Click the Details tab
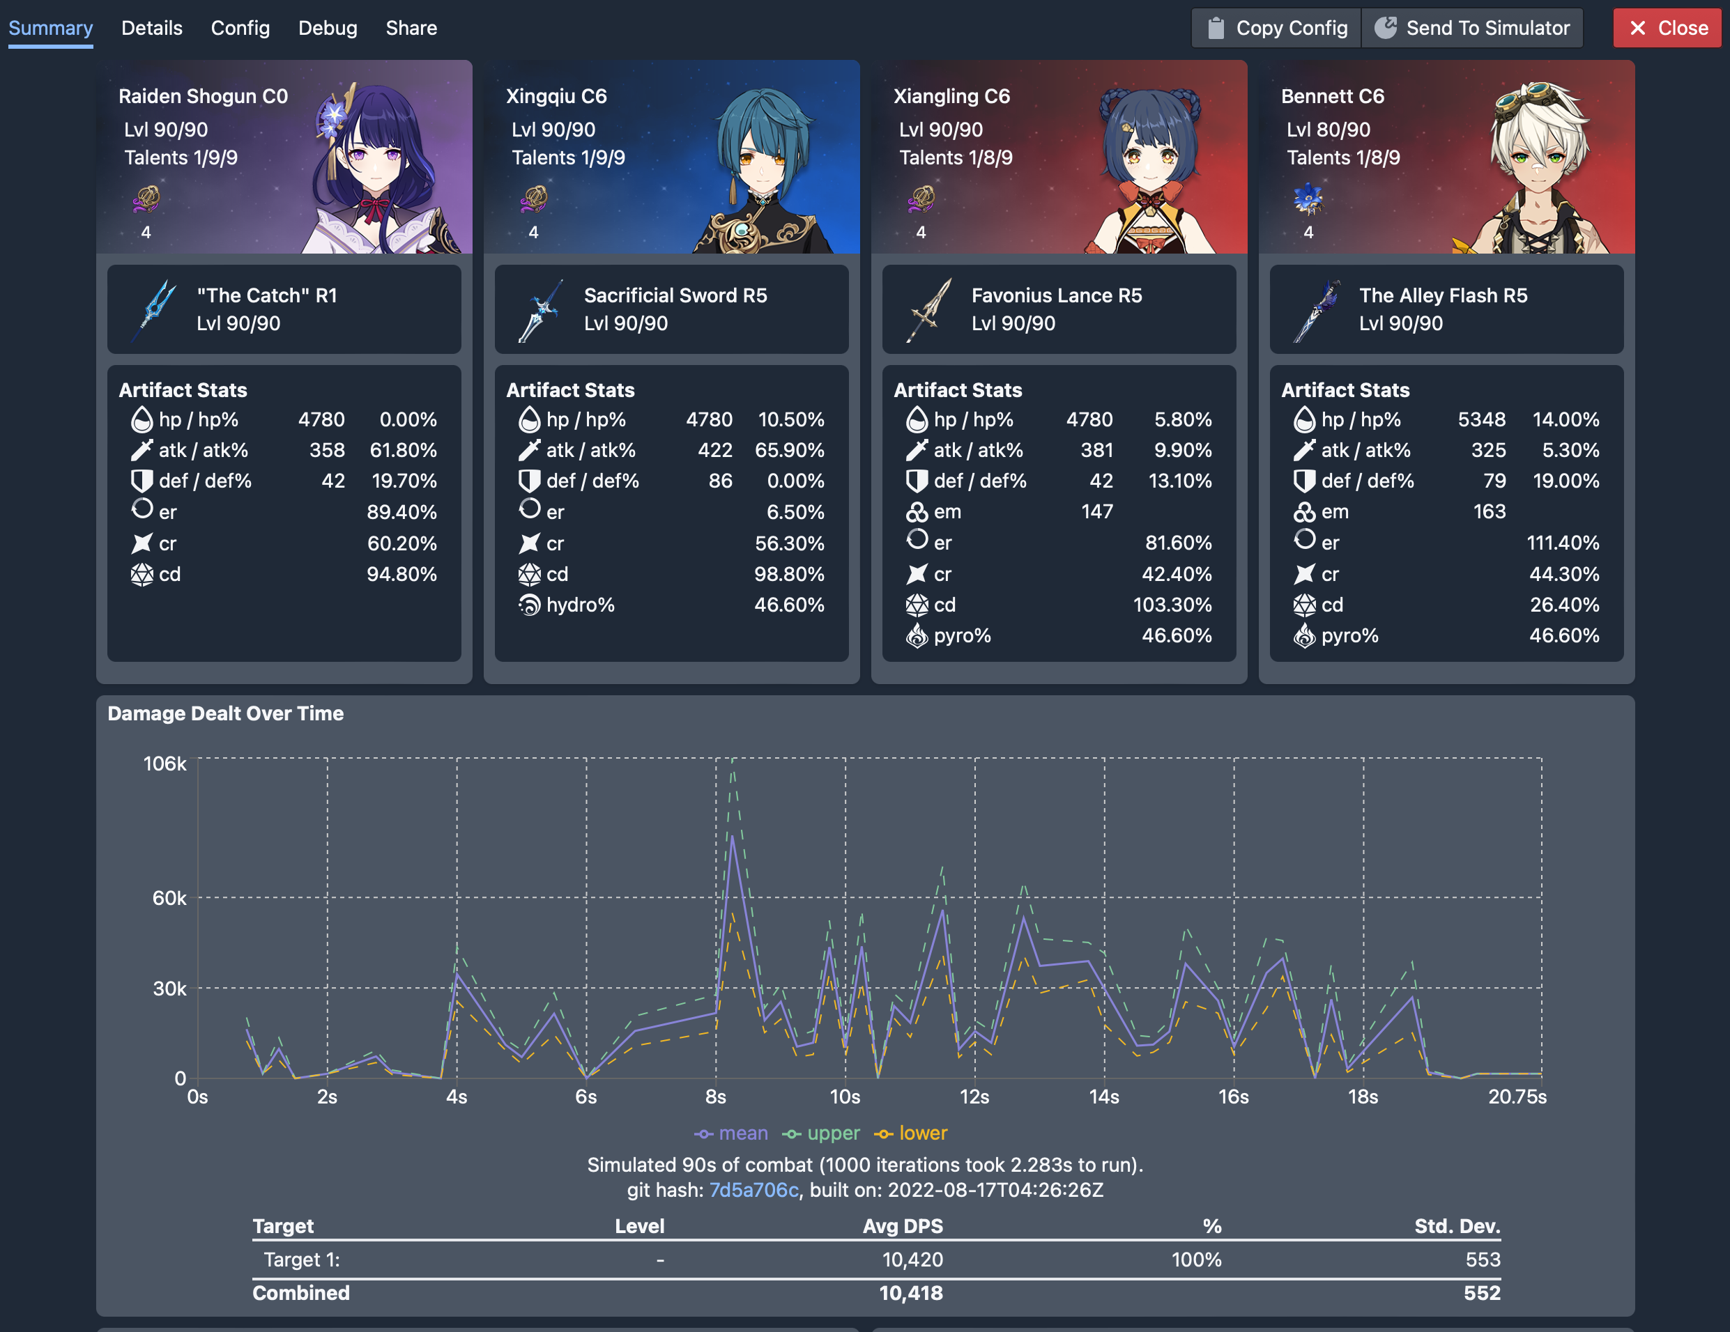151,29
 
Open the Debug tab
327,29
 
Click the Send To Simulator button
1473,29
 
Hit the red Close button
1667,29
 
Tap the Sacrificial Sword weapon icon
540,309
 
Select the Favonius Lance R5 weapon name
1056,295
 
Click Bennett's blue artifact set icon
1308,199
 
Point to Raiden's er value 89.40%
401,512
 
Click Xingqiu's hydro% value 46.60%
788,605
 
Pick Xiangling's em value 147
1096,512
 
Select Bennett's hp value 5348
1480,419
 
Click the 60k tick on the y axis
169,898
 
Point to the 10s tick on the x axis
844,1097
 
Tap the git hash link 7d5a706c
753,1191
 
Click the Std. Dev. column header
1457,1226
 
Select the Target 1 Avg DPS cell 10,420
912,1260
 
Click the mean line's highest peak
733,838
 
